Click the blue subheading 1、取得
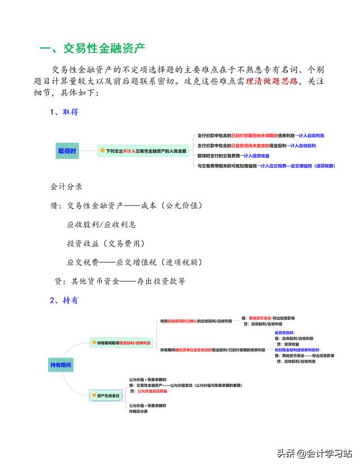64,111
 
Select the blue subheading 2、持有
64,301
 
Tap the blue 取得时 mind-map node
67,151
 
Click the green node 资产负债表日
105,396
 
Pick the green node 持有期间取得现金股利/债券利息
123,342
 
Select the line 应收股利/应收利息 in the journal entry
101,225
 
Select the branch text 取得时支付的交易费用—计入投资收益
234,155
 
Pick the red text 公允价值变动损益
154,391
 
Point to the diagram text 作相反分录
138,411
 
